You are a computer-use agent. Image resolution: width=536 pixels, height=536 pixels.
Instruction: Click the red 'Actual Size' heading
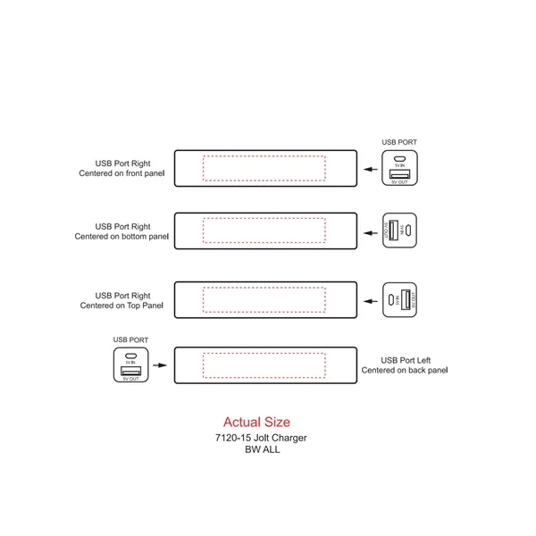tap(256, 422)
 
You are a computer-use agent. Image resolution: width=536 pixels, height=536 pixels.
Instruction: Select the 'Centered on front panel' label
tap(123, 173)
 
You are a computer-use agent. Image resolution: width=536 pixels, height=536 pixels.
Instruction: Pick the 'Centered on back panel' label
tap(404, 369)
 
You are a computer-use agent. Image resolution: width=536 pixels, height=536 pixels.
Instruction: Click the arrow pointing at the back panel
tap(159, 364)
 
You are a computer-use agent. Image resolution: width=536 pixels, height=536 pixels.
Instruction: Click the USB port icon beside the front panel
tap(399, 168)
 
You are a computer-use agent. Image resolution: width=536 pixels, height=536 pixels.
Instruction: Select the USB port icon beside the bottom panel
tap(399, 231)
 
